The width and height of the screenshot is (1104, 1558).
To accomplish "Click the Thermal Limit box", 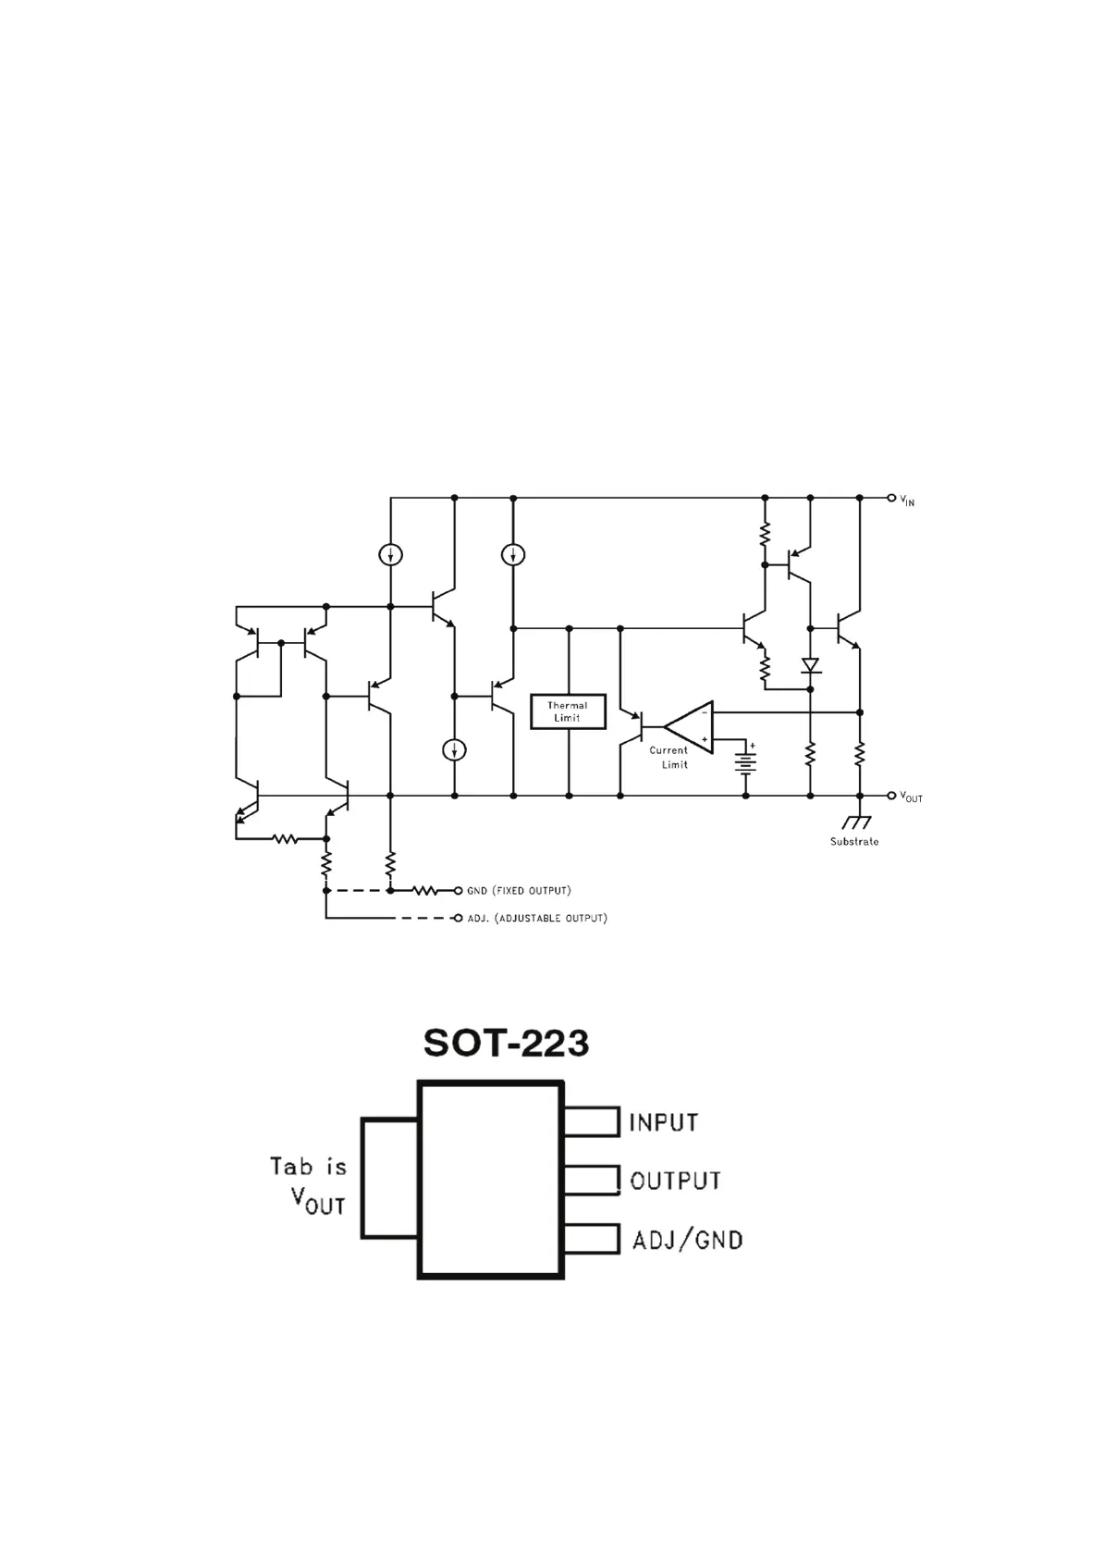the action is pyautogui.click(x=568, y=711).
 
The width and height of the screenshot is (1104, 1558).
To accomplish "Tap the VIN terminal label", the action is pyautogui.click(x=907, y=501).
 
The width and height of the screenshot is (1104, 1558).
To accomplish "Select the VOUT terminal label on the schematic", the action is pyautogui.click(x=911, y=797).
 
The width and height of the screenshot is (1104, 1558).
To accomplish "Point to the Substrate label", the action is pyautogui.click(x=853, y=842).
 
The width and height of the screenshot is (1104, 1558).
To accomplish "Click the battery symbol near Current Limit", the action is pyautogui.click(x=745, y=761).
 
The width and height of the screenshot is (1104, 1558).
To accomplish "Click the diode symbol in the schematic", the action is pyautogui.click(x=811, y=665).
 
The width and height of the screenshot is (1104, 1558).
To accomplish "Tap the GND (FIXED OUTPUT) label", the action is pyautogui.click(x=519, y=891).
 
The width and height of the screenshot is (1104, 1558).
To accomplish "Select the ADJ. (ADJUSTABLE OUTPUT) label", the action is pyautogui.click(x=537, y=919).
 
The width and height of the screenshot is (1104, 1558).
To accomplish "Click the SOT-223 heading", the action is pyautogui.click(x=506, y=1043).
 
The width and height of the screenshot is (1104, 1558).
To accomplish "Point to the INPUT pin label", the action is pyautogui.click(x=663, y=1123).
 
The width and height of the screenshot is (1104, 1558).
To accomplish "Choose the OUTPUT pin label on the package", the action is pyautogui.click(x=675, y=1181).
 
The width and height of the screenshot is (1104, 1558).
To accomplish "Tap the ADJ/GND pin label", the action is pyautogui.click(x=687, y=1240).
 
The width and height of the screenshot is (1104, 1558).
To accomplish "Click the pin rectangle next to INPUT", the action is pyautogui.click(x=591, y=1122).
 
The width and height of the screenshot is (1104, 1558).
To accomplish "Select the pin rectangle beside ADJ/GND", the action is pyautogui.click(x=591, y=1239).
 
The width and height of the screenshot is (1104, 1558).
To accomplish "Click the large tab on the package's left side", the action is pyautogui.click(x=390, y=1179).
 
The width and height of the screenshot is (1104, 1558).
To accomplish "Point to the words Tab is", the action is pyautogui.click(x=308, y=1167).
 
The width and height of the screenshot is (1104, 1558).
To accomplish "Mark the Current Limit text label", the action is pyautogui.click(x=669, y=758).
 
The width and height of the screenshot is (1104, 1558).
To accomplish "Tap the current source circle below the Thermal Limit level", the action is pyautogui.click(x=454, y=750).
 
